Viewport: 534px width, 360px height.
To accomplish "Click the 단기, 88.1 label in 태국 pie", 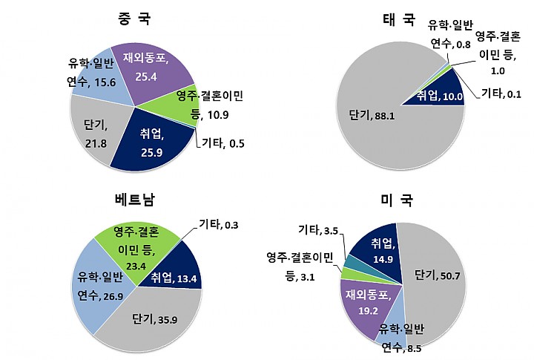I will pos(369,114).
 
